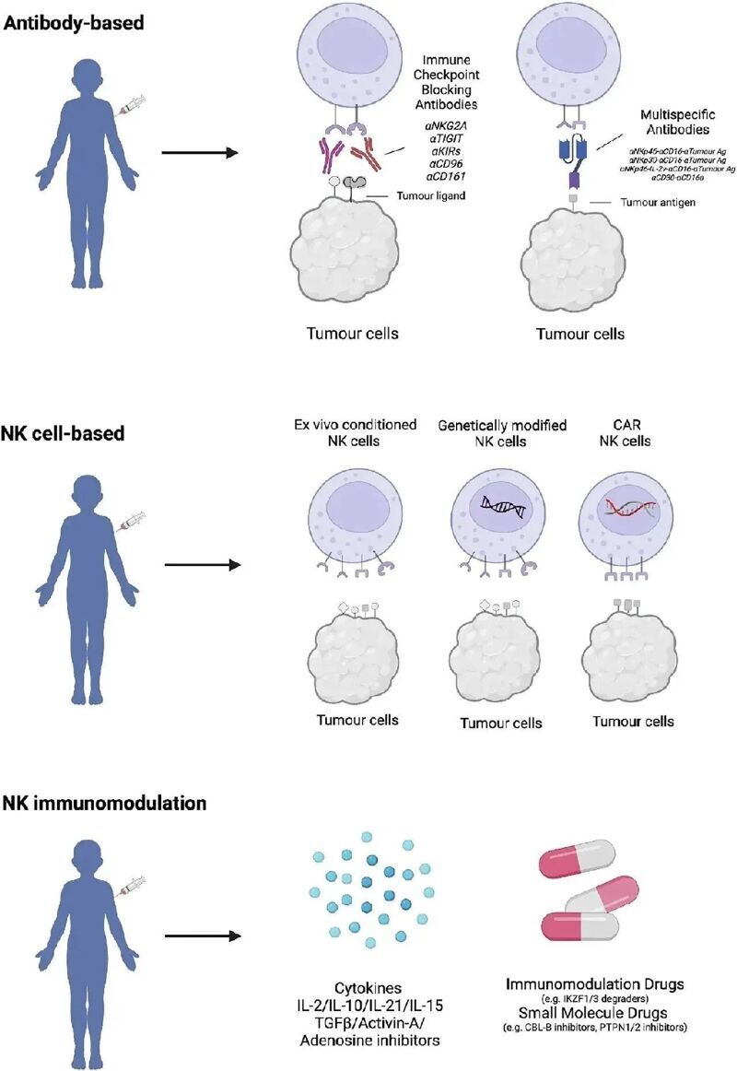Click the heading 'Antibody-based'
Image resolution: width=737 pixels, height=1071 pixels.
tap(74, 22)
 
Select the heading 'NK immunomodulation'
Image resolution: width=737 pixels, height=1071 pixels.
tap(104, 803)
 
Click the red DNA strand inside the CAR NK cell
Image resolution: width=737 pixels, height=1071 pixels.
tap(629, 503)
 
